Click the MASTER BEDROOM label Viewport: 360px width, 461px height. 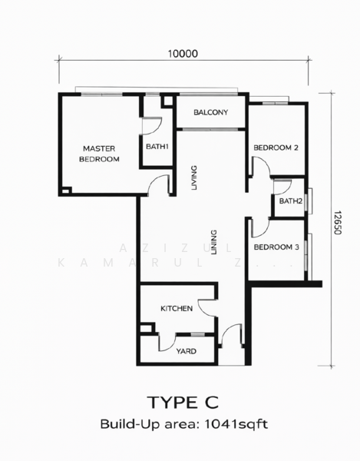(x=100, y=154)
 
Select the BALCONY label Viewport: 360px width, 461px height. (x=210, y=113)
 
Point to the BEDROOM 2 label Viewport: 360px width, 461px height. (x=276, y=148)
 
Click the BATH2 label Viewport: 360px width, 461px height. (x=289, y=201)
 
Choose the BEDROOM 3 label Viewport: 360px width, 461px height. (x=276, y=247)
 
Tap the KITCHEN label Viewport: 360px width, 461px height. (x=176, y=308)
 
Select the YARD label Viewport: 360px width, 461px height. (x=186, y=351)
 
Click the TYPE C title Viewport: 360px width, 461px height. (x=183, y=402)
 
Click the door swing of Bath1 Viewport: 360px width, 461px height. (x=154, y=125)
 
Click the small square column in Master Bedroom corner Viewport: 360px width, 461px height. (x=67, y=191)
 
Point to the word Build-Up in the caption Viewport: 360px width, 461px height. (x=125, y=423)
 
